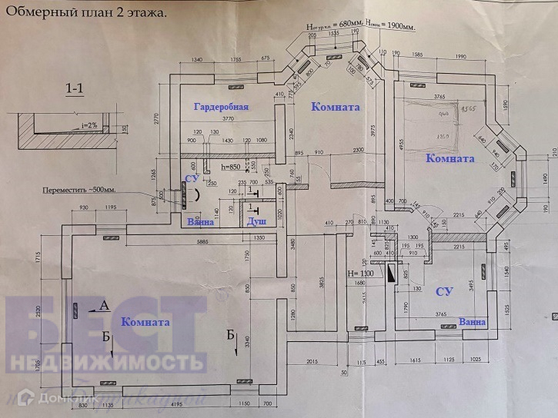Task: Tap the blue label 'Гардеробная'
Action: [x=221, y=107]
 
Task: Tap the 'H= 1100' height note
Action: [x=360, y=274]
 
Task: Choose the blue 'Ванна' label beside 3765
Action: [x=471, y=321]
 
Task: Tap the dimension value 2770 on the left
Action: [x=155, y=121]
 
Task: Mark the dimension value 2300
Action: [x=353, y=150]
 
